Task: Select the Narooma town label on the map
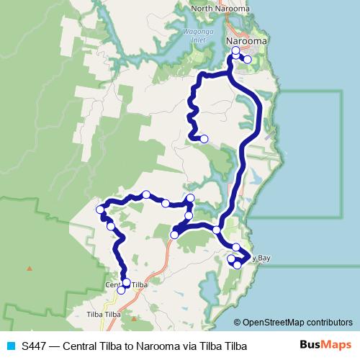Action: tap(246, 41)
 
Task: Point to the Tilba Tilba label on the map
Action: tap(103, 315)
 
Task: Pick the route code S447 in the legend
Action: tap(35, 346)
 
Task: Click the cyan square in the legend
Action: tap(11, 346)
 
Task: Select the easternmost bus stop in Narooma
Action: tap(248, 60)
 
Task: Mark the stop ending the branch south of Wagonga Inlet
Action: tap(204, 138)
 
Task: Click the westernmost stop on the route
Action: tap(99, 210)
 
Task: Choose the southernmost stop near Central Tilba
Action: tap(121, 290)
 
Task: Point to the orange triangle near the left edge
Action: tap(30, 269)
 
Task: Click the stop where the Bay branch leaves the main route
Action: tap(216, 230)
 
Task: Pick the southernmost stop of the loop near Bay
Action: tap(237, 265)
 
